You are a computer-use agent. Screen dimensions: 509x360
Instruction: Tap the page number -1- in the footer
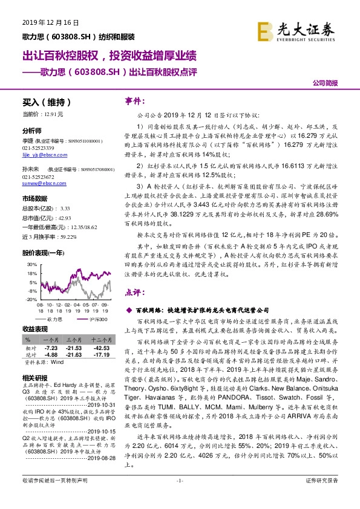(180, 496)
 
